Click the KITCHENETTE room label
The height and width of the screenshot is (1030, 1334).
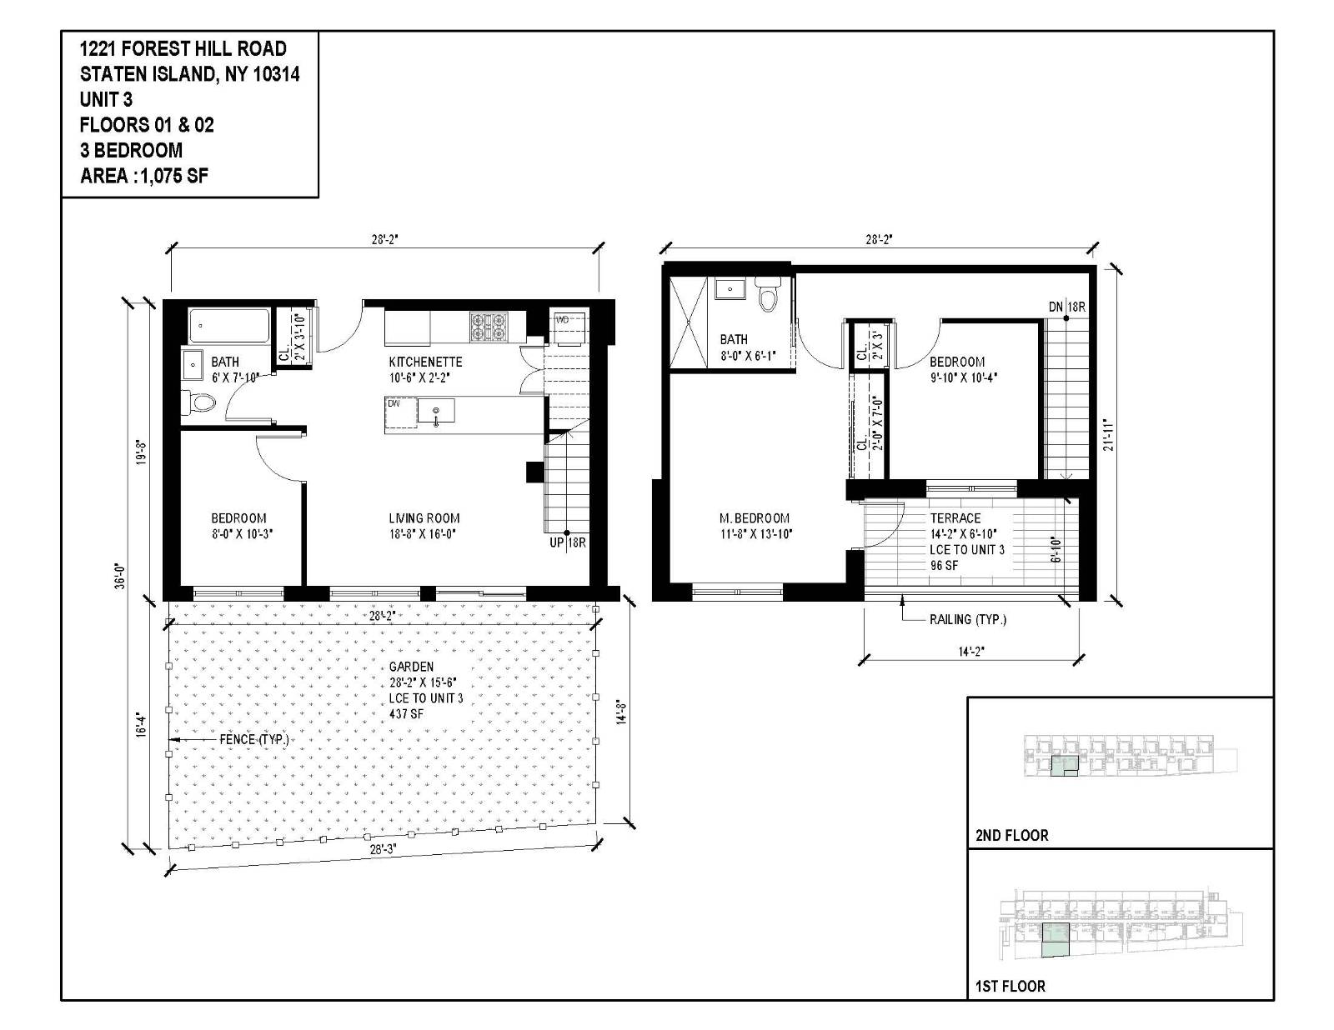[x=425, y=362]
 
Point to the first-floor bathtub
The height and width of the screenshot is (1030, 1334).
[x=228, y=327]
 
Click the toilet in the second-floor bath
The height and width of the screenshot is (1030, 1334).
[x=766, y=296]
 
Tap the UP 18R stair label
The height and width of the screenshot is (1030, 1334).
[x=567, y=542]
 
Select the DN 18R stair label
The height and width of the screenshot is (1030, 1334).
[x=1066, y=307]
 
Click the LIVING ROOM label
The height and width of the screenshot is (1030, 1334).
[x=424, y=518]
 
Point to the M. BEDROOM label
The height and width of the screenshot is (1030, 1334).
[x=755, y=518]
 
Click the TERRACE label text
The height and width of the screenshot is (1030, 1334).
[x=955, y=518]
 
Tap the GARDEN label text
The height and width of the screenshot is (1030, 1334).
[x=411, y=667]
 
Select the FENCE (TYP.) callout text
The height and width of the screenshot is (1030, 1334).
[x=253, y=739]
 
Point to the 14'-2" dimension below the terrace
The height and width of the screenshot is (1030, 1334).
[x=967, y=652]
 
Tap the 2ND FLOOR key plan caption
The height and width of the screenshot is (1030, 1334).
[x=1011, y=835]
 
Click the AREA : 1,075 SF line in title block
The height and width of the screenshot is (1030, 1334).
[x=143, y=176]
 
